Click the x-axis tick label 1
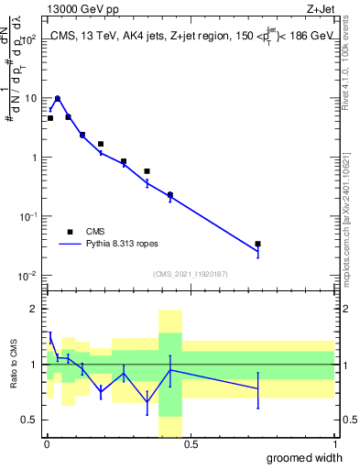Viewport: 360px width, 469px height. (334, 445)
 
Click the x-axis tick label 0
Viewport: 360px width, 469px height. (47, 445)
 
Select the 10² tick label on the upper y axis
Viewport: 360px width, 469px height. (29, 38)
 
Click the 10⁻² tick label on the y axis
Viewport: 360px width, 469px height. (29, 276)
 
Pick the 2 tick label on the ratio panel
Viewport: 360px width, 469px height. (35, 310)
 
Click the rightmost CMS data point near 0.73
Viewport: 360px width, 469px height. (258, 244)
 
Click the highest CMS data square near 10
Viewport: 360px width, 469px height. (58, 99)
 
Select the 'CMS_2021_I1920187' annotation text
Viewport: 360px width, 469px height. (191, 274)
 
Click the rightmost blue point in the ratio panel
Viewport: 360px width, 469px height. (258, 389)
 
